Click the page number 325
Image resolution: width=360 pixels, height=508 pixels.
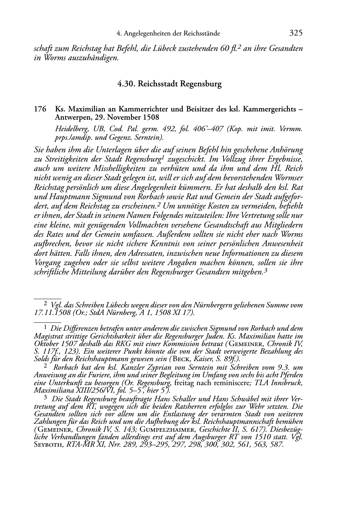click(296, 33)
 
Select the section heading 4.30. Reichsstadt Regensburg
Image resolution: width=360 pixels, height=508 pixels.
click(169, 84)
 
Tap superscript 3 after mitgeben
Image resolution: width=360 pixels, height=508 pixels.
click(265, 270)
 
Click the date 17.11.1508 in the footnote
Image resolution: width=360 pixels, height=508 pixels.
click(49, 313)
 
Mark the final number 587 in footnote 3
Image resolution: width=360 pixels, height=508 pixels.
click(276, 445)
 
